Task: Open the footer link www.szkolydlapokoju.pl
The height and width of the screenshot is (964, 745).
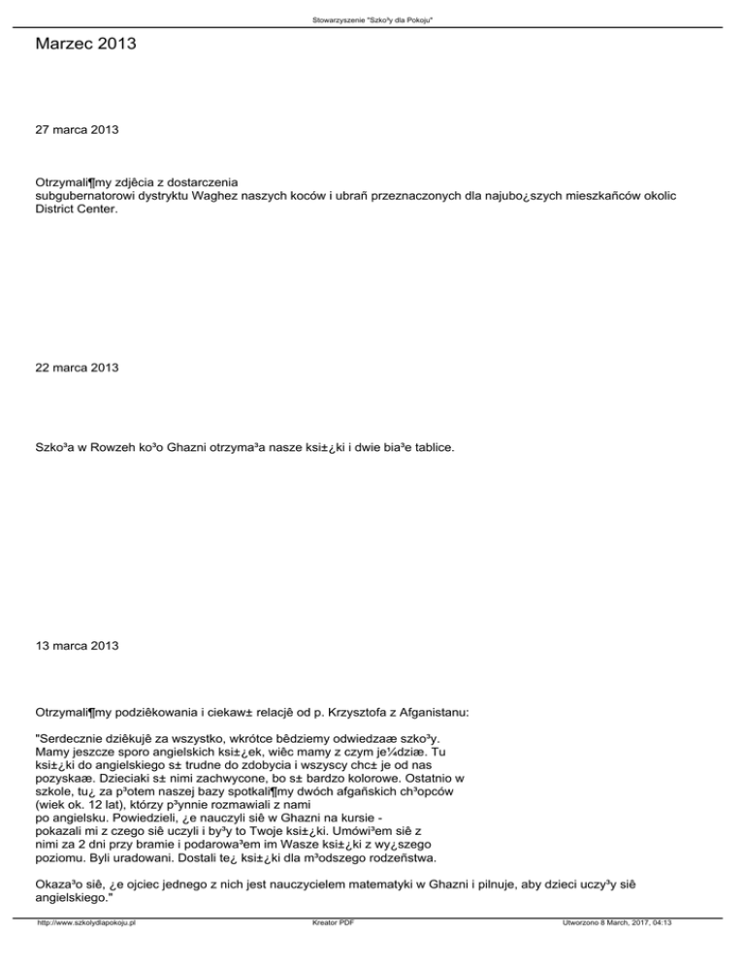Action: (85, 950)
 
